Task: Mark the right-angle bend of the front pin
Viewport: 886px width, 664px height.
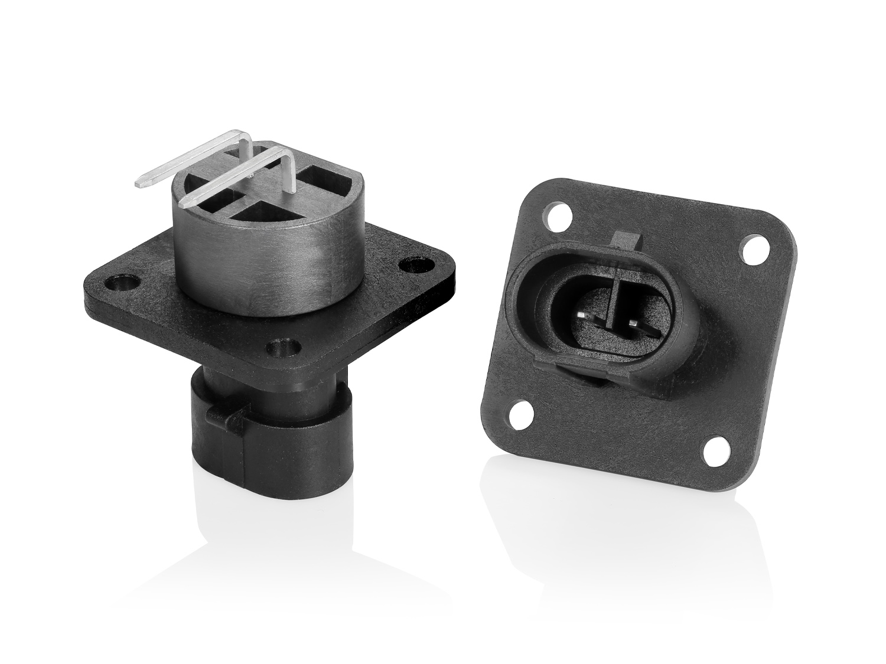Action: point(289,155)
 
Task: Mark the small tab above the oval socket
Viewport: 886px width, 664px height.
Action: point(627,240)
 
